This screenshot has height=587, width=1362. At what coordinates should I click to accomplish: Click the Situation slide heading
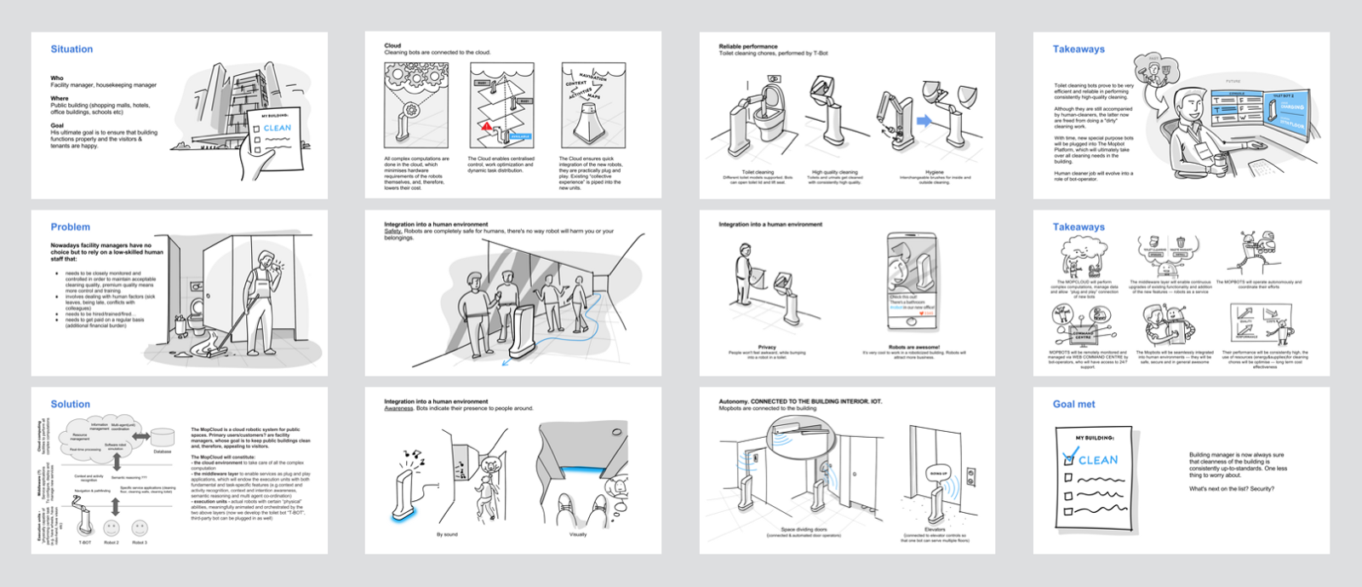[72, 49]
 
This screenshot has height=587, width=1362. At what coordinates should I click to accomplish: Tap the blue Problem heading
[70, 227]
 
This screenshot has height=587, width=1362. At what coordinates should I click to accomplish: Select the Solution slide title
[70, 404]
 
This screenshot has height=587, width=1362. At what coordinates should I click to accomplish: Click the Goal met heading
[1073, 404]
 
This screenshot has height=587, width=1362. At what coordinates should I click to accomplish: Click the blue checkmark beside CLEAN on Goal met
[1070, 457]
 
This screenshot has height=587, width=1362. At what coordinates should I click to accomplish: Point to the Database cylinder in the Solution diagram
[163, 438]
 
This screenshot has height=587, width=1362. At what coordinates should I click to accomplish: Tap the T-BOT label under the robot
[85, 542]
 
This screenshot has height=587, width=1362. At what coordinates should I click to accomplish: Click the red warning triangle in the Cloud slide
[487, 126]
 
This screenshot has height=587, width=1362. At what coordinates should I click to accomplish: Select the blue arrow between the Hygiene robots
[924, 122]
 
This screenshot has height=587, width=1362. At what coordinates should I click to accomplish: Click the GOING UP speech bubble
[938, 473]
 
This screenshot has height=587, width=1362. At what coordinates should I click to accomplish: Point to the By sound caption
[447, 534]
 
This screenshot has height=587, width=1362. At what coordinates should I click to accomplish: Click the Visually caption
[578, 534]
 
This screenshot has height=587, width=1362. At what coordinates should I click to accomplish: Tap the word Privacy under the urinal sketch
[767, 347]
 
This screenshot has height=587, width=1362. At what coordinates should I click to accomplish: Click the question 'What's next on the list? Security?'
[1231, 489]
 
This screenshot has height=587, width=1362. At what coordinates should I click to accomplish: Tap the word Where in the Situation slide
[59, 98]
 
